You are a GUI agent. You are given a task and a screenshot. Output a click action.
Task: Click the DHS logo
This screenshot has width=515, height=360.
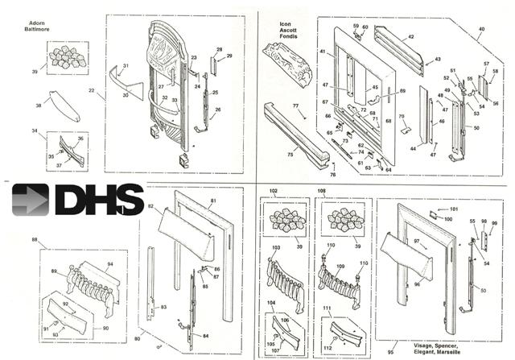click(x=77, y=200)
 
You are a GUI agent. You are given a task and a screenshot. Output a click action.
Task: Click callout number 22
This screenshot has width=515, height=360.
click(x=92, y=92)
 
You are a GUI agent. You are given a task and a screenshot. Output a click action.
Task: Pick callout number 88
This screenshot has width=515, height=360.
click(x=34, y=239)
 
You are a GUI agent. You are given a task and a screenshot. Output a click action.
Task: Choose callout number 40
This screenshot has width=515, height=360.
click(x=481, y=29)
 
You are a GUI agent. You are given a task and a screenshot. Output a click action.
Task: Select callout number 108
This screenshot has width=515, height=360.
click(x=323, y=192)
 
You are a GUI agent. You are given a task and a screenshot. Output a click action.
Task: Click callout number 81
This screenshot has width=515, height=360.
click(x=213, y=201)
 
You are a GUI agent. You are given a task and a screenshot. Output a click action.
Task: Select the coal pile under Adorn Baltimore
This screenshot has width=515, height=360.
click(x=68, y=56)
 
